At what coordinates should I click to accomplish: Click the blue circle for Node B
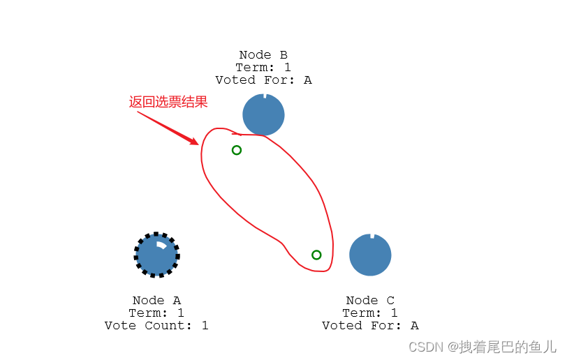[263, 114]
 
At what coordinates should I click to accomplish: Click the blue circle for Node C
[370, 255]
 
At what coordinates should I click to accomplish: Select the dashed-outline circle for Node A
[156, 255]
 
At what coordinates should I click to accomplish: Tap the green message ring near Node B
[237, 150]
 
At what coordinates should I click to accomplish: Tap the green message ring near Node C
[316, 255]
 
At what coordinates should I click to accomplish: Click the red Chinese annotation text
[168, 102]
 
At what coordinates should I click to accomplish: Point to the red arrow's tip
[198, 144]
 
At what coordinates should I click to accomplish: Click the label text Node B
[263, 55]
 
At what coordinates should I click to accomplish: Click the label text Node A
[156, 301]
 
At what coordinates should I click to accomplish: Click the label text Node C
[370, 301]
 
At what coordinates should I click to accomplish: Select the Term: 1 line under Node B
[263, 68]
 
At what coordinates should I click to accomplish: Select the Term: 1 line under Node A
[156, 313]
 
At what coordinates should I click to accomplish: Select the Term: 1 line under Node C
[370, 313]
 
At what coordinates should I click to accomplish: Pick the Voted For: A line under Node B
[263, 80]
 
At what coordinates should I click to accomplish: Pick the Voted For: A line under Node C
[370, 326]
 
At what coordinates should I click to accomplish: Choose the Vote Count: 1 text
[156, 326]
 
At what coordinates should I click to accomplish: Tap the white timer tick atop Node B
[264, 96]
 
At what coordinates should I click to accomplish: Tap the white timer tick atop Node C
[372, 237]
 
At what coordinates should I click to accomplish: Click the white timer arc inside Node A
[161, 245]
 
